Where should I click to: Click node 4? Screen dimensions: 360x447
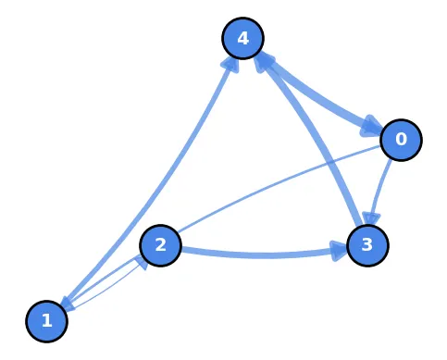pyautogui.click(x=243, y=38)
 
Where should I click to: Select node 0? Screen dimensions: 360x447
pyautogui.click(x=402, y=139)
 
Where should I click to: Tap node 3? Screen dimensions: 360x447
pyautogui.click(x=367, y=245)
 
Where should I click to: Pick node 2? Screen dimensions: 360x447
pyautogui.click(x=160, y=245)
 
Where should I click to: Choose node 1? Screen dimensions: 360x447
pyautogui.click(x=47, y=321)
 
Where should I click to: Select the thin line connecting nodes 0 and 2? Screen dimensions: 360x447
pyautogui.click(x=278, y=190)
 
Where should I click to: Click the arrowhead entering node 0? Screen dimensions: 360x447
pyautogui.click(x=373, y=125)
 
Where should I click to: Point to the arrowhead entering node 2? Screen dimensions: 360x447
pyautogui.click(x=142, y=260)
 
